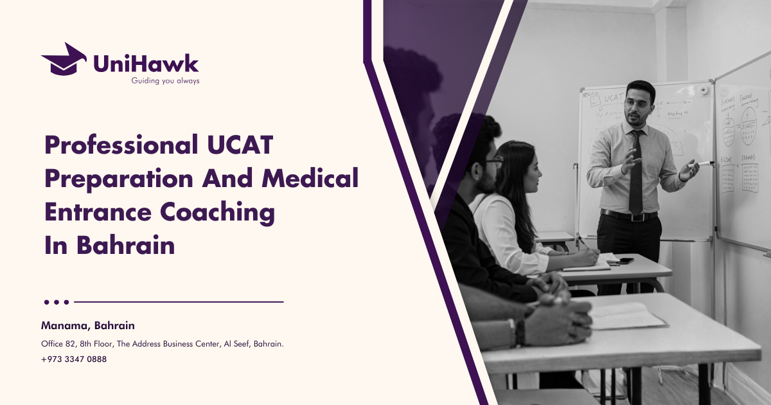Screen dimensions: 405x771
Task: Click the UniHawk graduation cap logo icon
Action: coord(64,59)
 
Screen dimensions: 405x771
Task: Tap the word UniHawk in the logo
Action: coord(146,63)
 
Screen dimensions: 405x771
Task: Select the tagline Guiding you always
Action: coord(165,81)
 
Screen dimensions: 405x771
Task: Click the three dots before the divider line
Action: coord(57,301)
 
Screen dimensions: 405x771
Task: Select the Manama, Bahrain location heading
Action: coord(88,326)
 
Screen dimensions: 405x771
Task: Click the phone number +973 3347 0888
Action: coord(74,359)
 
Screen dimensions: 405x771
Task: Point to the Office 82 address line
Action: coord(163,344)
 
